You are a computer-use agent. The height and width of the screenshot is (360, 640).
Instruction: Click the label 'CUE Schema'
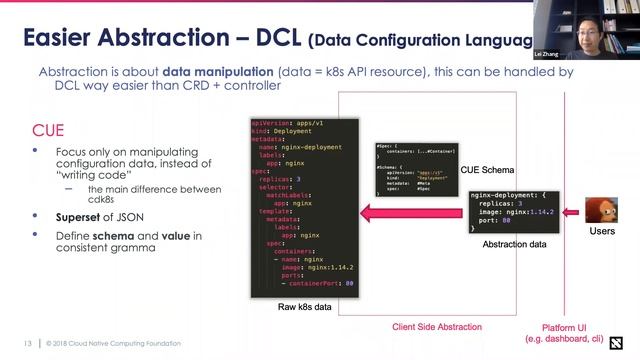click(x=487, y=171)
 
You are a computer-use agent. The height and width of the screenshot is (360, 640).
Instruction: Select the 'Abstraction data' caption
click(x=514, y=243)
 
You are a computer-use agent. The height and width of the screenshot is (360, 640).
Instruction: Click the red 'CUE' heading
click(x=48, y=130)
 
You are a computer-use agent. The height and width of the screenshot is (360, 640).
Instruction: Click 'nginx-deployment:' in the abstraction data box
click(x=506, y=192)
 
